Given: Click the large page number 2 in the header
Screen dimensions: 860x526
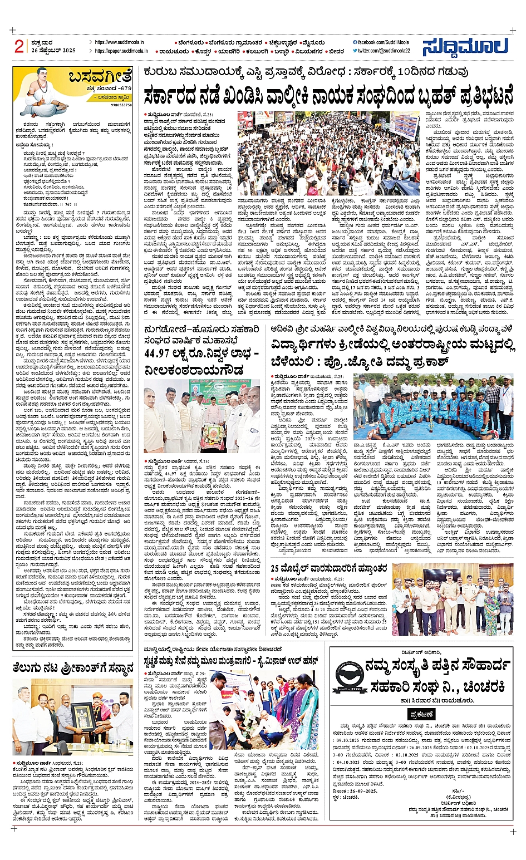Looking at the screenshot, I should click(x=20, y=46).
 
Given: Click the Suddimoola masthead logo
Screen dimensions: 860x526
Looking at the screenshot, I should click(x=465, y=47).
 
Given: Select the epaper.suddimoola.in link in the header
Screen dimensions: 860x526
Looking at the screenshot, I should click(x=121, y=51).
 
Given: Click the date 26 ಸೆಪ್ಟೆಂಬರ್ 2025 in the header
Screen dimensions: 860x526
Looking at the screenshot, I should click(x=53, y=51).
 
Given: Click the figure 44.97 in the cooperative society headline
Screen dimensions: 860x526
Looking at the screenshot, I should click(x=163, y=353).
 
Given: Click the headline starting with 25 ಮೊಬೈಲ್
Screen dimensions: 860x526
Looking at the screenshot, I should click(x=329, y=568).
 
